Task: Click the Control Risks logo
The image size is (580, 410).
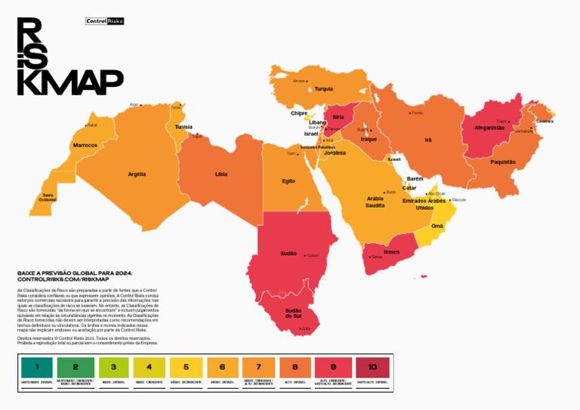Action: pos(104,21)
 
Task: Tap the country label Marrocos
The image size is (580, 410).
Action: pos(85,145)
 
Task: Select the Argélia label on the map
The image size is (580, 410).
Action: pos(137,174)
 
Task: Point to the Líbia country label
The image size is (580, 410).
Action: pos(221,174)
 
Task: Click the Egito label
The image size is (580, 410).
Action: pos(288,181)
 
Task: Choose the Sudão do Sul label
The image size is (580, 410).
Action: pos(294,313)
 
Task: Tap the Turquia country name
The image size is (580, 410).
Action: pos(323,88)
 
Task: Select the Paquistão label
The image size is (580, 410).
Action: pos(503,162)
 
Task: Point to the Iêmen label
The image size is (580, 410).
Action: pos(391,251)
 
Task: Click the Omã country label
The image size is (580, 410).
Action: pos(437,226)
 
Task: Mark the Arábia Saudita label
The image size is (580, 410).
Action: pos(375,202)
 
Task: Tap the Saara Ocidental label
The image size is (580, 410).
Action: pos(48,197)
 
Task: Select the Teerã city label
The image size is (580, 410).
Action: pos(417,113)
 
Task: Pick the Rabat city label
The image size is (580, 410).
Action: pos(93,125)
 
